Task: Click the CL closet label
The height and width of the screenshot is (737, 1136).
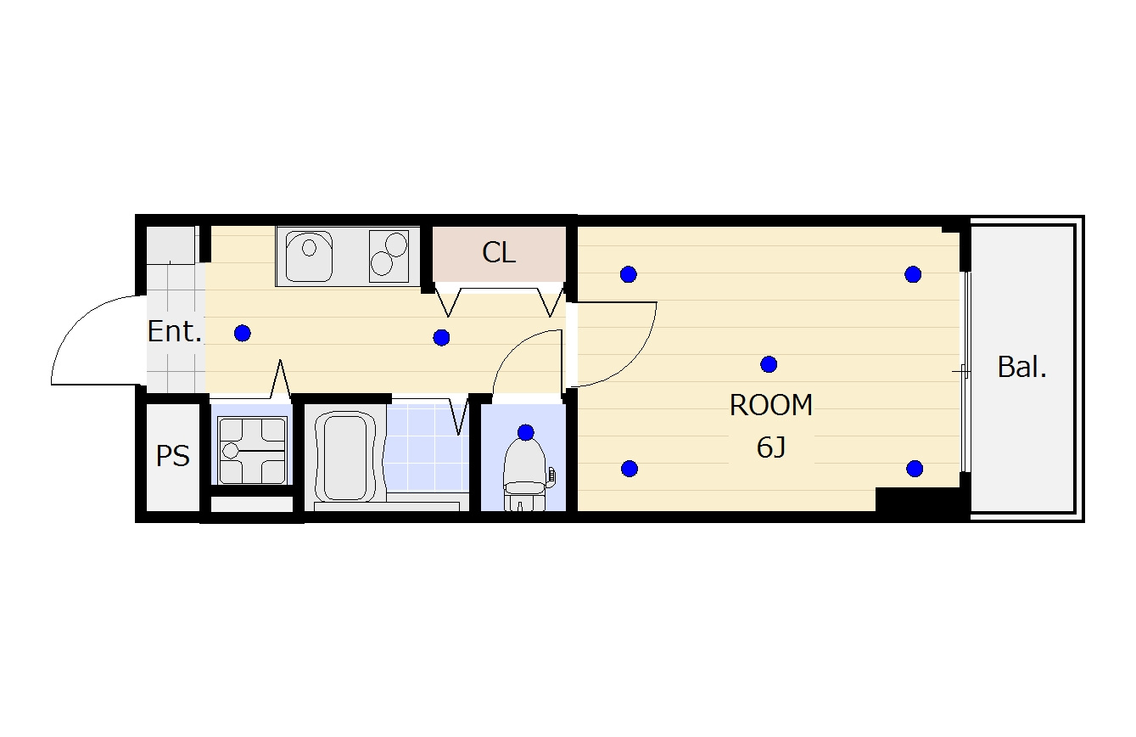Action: pyautogui.click(x=499, y=252)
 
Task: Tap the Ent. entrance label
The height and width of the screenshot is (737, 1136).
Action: pyautogui.click(x=175, y=331)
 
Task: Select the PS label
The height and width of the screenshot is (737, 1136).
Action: pyautogui.click(x=172, y=456)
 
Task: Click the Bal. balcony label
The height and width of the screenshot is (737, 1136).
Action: pyautogui.click(x=1022, y=367)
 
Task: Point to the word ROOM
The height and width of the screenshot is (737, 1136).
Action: pyautogui.click(x=771, y=405)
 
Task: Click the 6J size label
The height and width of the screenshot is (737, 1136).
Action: pyautogui.click(x=771, y=447)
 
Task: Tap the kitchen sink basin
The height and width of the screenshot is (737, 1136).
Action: pyautogui.click(x=309, y=256)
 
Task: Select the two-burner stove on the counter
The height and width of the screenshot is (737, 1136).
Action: pyautogui.click(x=389, y=256)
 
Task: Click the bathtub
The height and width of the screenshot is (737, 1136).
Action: pyautogui.click(x=344, y=456)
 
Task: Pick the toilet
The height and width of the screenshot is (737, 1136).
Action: pyautogui.click(x=525, y=475)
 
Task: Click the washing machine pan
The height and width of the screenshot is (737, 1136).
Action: pyautogui.click(x=253, y=450)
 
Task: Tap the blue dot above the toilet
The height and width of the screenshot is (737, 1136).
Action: pyautogui.click(x=526, y=432)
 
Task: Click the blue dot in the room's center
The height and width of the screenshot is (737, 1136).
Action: pyautogui.click(x=769, y=364)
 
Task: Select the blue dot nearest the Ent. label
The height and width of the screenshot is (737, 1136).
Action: pyautogui.click(x=243, y=334)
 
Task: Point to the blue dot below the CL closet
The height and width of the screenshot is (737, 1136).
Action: pyautogui.click(x=442, y=338)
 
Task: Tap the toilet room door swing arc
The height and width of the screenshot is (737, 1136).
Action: pyautogui.click(x=512, y=346)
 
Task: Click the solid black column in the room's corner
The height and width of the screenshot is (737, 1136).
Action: pyautogui.click(x=918, y=503)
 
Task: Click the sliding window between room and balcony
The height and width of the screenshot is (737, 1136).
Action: pyautogui.click(x=965, y=372)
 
